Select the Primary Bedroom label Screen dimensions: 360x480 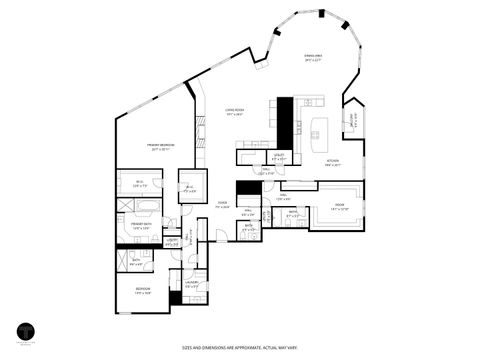click(x=163, y=147)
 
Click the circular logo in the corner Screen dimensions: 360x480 click(x=27, y=328)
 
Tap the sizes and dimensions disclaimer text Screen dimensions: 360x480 click(x=241, y=348)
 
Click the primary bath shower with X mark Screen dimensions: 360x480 click(x=125, y=207)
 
